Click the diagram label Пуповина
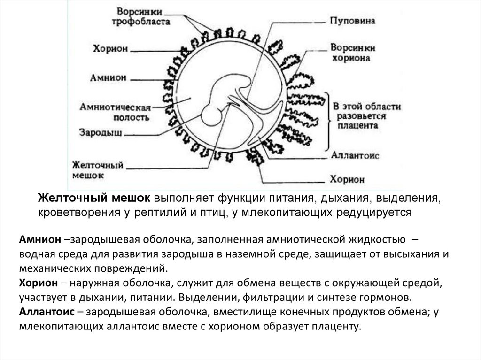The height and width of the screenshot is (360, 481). click(350, 22)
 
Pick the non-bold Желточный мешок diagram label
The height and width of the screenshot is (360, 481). click(97, 170)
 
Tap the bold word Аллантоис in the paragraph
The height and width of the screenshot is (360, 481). click(46, 312)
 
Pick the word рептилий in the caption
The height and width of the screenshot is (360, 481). click(151, 212)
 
